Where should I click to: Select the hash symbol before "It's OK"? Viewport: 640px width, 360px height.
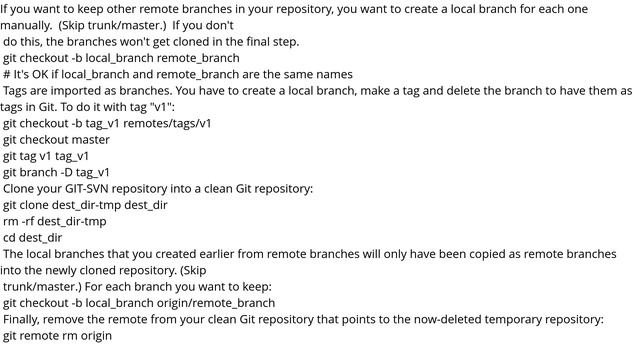click(x=6, y=74)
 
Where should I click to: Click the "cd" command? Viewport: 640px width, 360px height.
click(x=10, y=237)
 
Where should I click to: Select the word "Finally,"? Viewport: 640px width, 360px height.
click(x=27, y=319)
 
